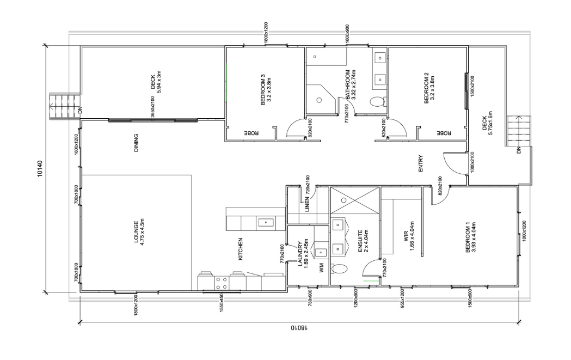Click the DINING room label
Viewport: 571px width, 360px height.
coord(135,143)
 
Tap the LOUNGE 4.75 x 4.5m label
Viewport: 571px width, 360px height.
coord(139,241)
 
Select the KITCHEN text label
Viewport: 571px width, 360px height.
coord(240,249)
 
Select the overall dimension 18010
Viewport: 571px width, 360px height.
coord(298,328)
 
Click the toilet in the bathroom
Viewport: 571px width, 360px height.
coord(377,101)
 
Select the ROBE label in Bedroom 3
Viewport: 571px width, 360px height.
coord(251,133)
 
